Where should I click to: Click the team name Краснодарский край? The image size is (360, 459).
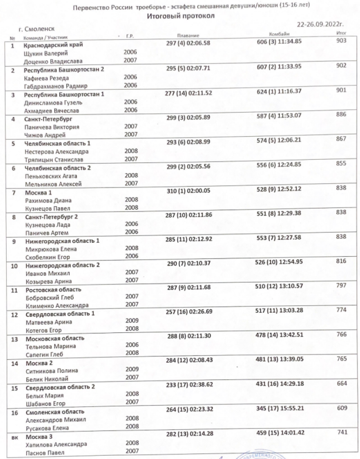(54, 45)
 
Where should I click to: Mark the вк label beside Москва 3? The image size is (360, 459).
(14, 437)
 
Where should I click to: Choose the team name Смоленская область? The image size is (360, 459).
(55, 412)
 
